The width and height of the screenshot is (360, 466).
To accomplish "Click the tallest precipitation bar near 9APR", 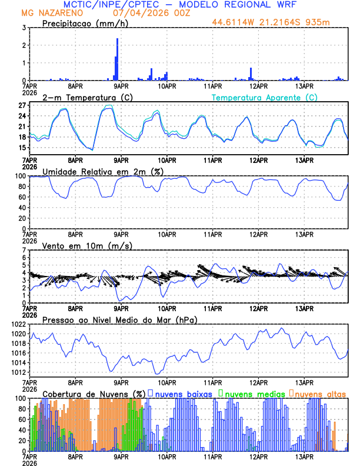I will pyautogui.click(x=118, y=59).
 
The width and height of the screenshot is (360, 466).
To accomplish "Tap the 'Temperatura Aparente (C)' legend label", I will pyautogui.click(x=264, y=97).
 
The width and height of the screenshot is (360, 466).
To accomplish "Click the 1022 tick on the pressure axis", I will pyautogui.click(x=16, y=324).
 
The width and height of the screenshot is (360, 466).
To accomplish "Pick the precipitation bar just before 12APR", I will pyautogui.click(x=251, y=74).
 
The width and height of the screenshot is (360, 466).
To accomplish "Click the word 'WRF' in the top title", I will pyautogui.click(x=292, y=4).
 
